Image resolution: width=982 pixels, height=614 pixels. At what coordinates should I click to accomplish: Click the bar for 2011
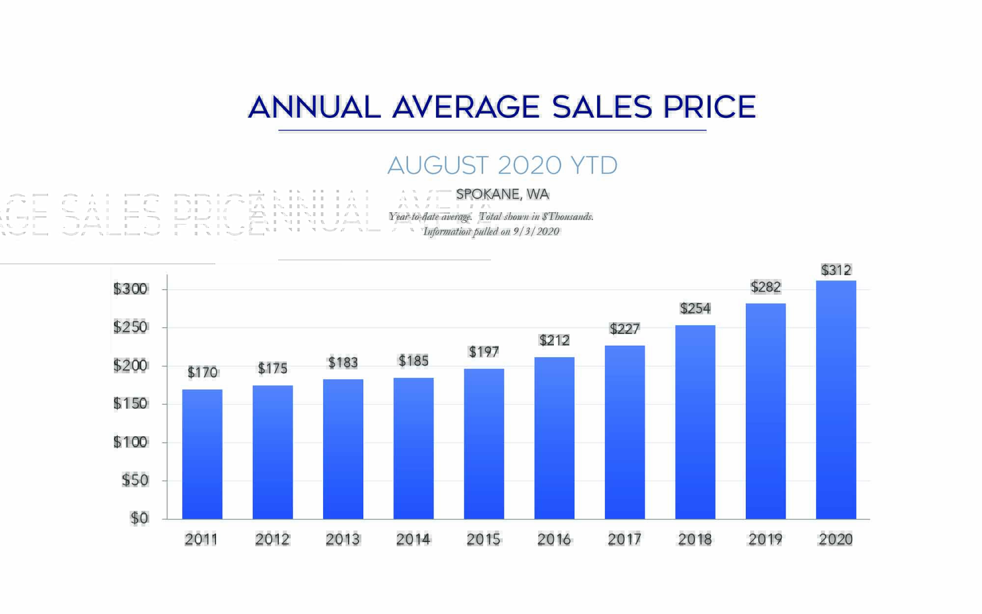(x=202, y=454)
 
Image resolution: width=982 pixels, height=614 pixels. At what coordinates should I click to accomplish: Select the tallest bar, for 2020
(x=836, y=400)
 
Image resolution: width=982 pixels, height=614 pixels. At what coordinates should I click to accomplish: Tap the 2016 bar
(x=554, y=438)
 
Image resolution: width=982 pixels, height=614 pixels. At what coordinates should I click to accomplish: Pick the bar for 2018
(x=695, y=422)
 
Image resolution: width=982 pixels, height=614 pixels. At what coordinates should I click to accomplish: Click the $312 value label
(x=836, y=270)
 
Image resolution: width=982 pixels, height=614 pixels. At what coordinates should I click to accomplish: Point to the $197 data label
(x=484, y=352)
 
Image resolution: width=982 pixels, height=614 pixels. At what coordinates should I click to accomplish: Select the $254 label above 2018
(x=695, y=308)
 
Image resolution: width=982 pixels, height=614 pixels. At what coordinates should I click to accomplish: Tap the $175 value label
(x=273, y=368)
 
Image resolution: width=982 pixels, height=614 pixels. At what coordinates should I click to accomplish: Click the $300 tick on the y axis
(x=131, y=289)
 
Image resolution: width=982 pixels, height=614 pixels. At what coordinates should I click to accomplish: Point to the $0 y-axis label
(x=139, y=518)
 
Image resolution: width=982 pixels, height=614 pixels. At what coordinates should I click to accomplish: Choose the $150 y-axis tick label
(x=131, y=404)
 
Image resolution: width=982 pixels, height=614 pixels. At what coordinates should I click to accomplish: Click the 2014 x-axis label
(x=413, y=540)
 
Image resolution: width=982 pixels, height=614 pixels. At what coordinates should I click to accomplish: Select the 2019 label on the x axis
(x=765, y=540)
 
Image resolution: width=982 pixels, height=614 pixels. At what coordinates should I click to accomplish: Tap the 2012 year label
(x=273, y=540)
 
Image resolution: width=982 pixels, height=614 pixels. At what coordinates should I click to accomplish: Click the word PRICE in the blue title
(x=709, y=107)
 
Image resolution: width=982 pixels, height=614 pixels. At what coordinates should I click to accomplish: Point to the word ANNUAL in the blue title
(x=315, y=107)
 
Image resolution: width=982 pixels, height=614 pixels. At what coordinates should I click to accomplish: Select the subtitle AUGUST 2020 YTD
(x=502, y=166)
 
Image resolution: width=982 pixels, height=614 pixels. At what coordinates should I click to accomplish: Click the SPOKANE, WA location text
(x=502, y=195)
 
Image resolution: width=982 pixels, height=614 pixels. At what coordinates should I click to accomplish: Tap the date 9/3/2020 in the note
(x=536, y=232)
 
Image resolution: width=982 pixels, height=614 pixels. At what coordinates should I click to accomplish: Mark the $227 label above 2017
(x=625, y=329)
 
